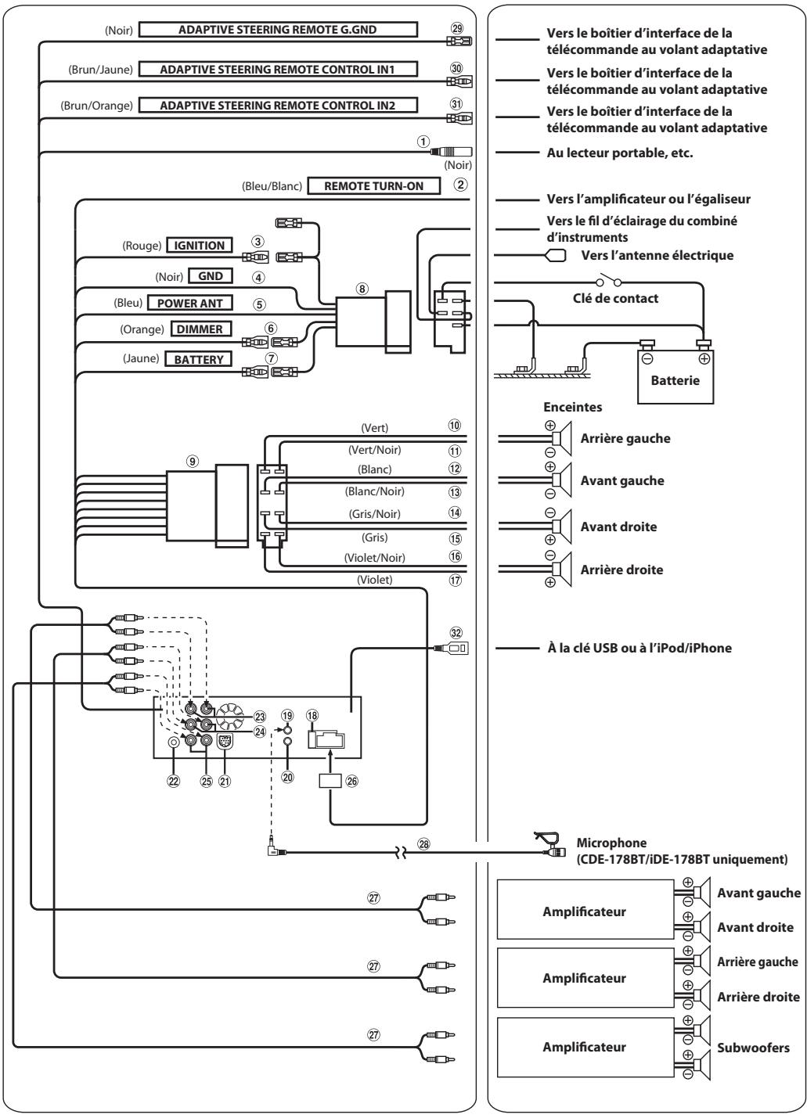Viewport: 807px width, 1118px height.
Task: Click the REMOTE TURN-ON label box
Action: tap(373, 185)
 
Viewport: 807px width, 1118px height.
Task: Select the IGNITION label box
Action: tap(200, 245)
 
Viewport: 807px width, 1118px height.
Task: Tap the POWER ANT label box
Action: tap(189, 303)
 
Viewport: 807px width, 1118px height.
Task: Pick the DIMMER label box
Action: tap(200, 329)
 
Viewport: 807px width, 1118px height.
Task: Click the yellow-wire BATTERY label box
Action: tap(199, 359)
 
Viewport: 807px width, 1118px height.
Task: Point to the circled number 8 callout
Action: tap(362, 289)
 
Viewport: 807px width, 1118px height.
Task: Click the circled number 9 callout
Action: tap(193, 461)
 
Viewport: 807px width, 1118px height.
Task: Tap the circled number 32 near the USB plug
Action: tap(456, 633)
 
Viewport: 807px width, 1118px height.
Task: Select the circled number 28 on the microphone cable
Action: tap(423, 844)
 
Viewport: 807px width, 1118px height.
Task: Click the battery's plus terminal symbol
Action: tap(704, 358)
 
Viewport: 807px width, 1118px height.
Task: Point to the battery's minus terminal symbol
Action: tap(647, 358)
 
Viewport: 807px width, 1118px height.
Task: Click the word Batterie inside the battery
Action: tap(676, 380)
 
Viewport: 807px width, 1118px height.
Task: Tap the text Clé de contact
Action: tap(615, 298)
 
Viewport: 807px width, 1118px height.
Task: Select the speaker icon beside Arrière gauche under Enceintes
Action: tap(562, 438)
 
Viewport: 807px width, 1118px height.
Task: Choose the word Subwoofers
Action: tap(753, 1048)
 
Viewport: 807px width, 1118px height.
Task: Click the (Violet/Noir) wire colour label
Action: tap(374, 558)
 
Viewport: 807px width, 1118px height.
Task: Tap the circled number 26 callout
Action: tap(352, 781)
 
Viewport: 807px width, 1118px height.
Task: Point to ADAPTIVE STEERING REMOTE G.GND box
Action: tap(278, 30)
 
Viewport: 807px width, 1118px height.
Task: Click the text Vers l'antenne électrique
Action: tap(657, 256)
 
